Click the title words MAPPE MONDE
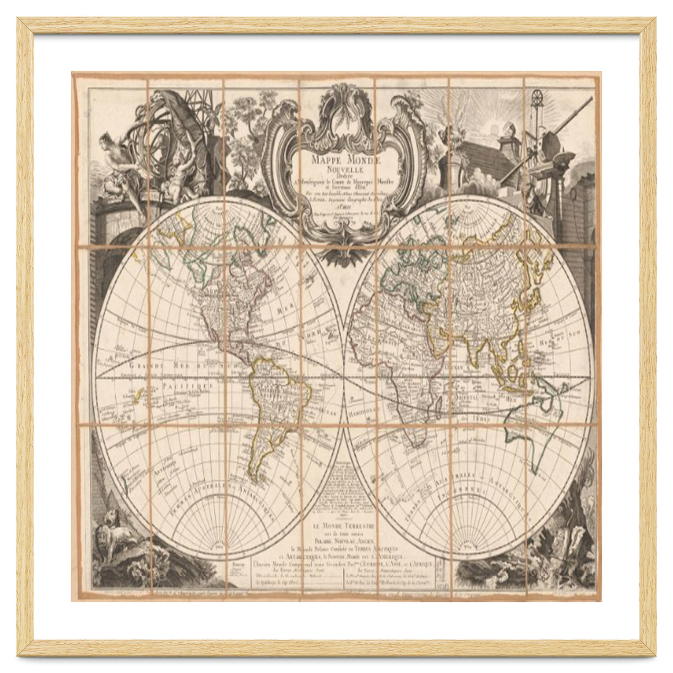tap(337, 159)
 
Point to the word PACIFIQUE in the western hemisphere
tap(186, 387)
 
